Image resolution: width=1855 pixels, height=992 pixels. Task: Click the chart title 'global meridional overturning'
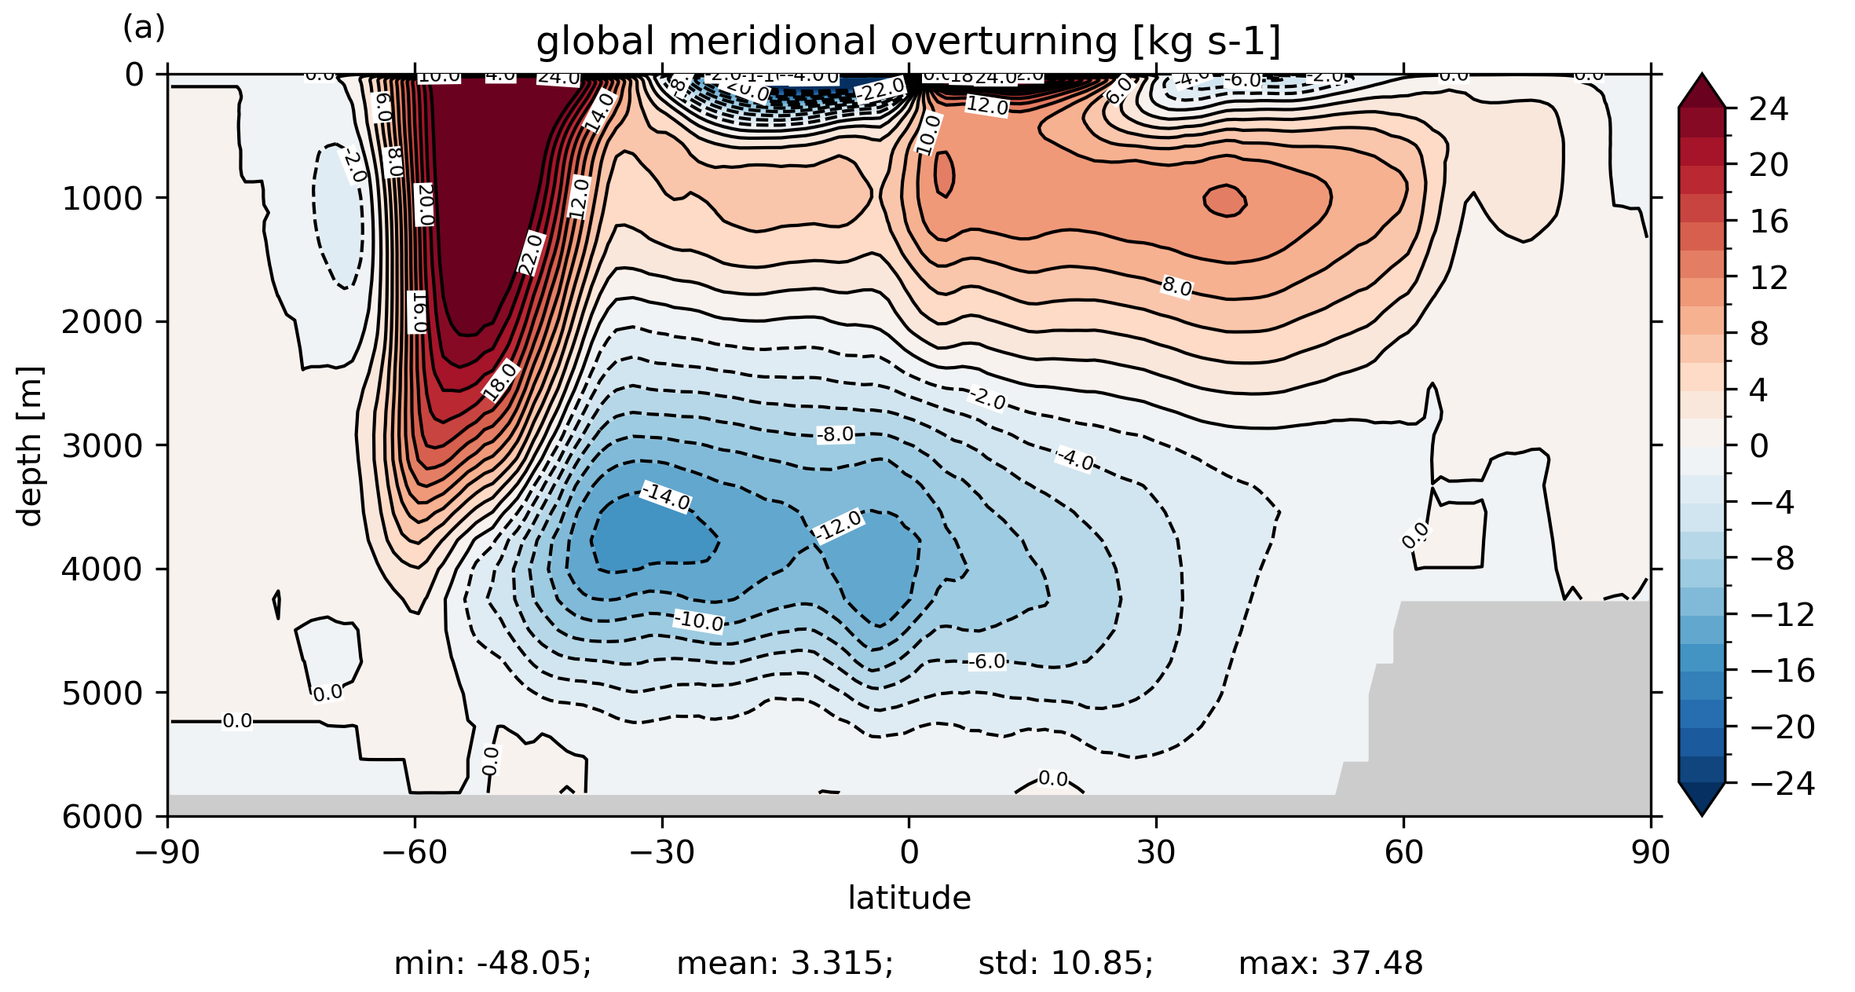[x=908, y=42]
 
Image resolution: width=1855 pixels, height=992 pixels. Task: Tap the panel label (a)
[x=144, y=28]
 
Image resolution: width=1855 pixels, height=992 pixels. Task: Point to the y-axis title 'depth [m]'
[x=30, y=445]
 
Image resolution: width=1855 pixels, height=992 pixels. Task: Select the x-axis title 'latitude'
[x=909, y=898]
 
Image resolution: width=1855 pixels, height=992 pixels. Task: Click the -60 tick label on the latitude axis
[x=415, y=852]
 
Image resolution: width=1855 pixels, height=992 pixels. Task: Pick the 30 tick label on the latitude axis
[x=1156, y=852]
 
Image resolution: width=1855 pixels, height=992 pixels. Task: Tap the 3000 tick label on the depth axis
[x=103, y=445]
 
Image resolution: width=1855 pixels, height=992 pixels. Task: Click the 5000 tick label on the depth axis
[x=103, y=693]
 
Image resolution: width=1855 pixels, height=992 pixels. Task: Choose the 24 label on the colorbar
[x=1769, y=109]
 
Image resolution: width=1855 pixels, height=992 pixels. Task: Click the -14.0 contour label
[x=666, y=496]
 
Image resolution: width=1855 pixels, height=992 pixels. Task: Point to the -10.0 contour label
[x=699, y=620]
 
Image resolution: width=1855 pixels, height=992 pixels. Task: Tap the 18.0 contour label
[x=500, y=381]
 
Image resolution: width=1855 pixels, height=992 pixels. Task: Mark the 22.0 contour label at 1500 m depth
[x=531, y=254]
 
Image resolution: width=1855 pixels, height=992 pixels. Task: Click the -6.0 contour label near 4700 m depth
[x=986, y=662]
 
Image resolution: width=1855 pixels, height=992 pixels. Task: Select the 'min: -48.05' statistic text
[x=492, y=964]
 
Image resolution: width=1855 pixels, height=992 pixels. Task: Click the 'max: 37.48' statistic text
[x=1330, y=964]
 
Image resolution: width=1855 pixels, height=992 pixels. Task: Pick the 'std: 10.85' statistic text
[x=1066, y=964]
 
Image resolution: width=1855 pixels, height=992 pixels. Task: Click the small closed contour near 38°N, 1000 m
[x=1225, y=200]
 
